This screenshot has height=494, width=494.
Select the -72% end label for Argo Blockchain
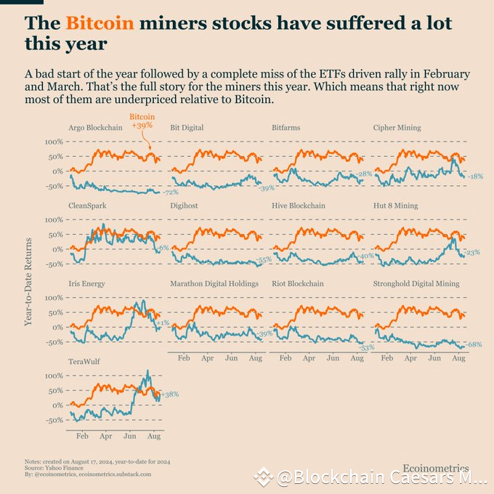170,193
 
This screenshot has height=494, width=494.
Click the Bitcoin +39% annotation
142,121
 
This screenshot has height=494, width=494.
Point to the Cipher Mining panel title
397,128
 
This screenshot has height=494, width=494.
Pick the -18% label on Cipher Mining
475,177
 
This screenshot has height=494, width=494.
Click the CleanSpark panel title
87,206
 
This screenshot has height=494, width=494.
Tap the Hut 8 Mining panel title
395,206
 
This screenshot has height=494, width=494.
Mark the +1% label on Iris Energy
164,323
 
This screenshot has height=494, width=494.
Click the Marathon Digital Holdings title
214,283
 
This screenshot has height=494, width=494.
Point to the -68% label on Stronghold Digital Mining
474,344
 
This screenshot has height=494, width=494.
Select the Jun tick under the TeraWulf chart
131,437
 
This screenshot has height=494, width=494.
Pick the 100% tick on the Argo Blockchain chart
53,142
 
